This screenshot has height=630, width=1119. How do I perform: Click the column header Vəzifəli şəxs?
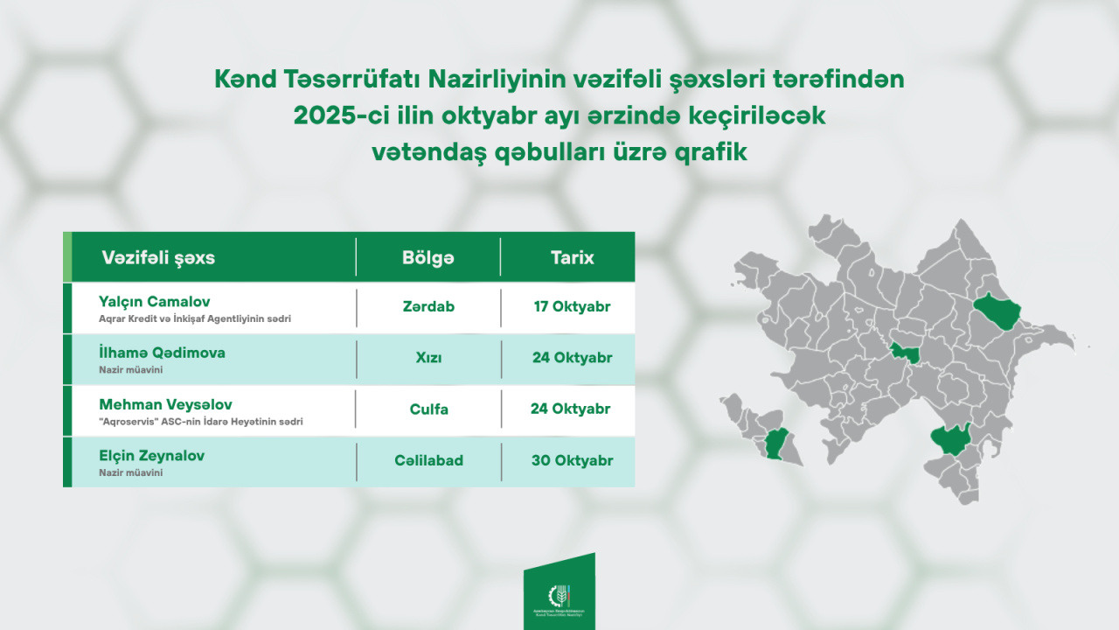click(x=158, y=258)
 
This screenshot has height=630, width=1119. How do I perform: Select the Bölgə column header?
click(x=428, y=258)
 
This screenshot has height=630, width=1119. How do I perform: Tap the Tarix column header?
click(x=572, y=258)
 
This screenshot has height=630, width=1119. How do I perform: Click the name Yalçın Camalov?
click(x=155, y=302)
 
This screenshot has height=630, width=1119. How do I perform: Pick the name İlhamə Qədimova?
click(x=163, y=353)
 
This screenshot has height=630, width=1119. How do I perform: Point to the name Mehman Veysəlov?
click(x=164, y=404)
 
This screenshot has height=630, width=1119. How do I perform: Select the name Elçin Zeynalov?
click(x=152, y=456)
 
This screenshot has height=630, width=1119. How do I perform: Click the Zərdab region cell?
click(x=428, y=307)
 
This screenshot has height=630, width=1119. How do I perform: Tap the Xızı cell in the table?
click(x=428, y=358)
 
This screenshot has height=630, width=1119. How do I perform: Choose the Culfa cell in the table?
click(x=428, y=409)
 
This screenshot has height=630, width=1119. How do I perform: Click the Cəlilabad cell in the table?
click(x=428, y=460)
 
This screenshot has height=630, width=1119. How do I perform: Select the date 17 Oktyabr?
click(x=572, y=307)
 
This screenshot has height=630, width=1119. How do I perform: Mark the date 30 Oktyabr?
click(x=572, y=460)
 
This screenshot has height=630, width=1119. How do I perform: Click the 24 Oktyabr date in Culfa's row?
click(x=570, y=409)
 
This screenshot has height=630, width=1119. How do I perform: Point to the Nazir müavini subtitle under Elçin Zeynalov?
click(x=131, y=472)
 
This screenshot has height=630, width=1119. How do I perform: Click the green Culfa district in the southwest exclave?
click(x=775, y=445)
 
